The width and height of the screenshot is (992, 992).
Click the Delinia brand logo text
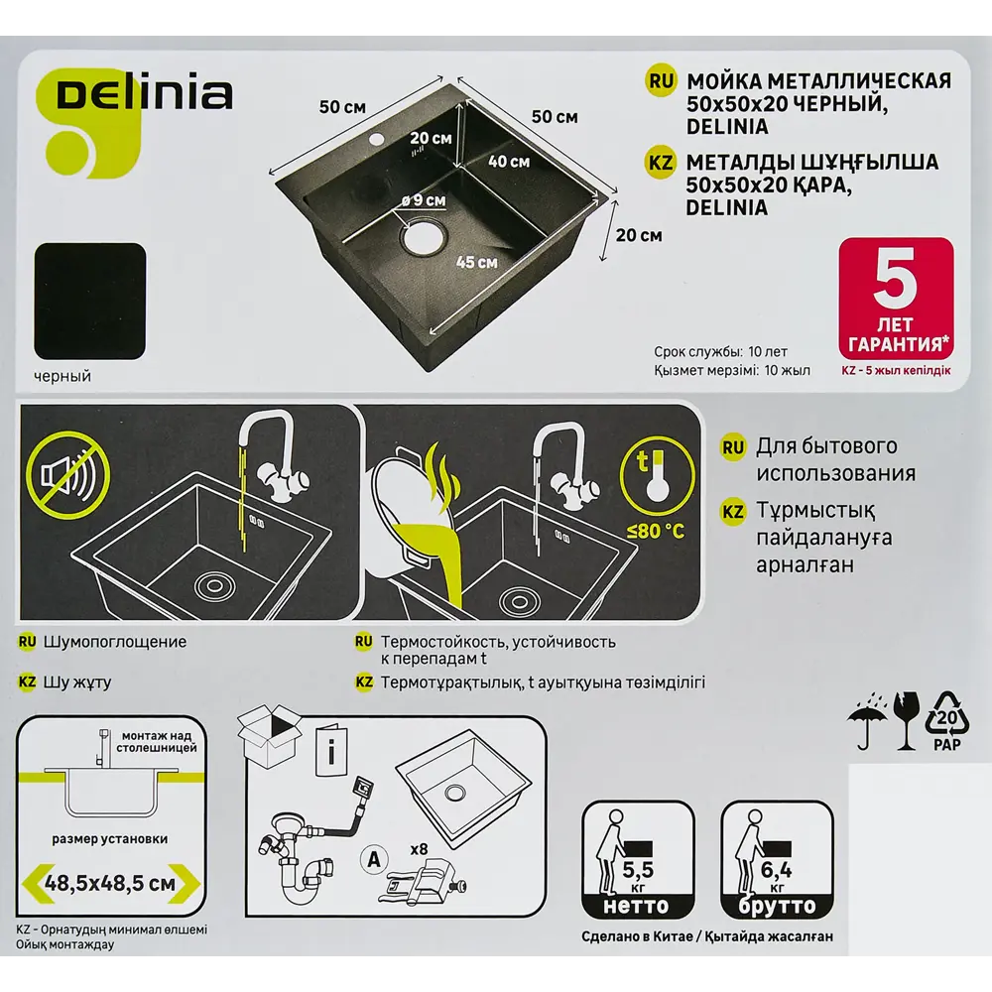[x=145, y=93]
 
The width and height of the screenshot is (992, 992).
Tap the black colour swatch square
[x=90, y=302]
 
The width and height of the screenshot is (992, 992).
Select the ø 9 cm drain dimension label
[x=424, y=200]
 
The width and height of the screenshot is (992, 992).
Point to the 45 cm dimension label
[x=476, y=262]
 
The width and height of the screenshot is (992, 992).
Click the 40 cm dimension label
[x=509, y=162]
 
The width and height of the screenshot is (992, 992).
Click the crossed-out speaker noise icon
[x=68, y=475]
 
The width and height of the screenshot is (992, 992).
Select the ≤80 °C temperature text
[x=656, y=530]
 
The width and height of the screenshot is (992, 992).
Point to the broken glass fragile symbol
[x=906, y=720]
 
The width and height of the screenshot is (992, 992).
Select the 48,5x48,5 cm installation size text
[x=110, y=883]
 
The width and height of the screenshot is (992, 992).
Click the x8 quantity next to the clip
[x=419, y=849]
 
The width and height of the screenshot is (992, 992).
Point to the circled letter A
[x=374, y=860]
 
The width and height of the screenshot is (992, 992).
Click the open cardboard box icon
[x=270, y=736]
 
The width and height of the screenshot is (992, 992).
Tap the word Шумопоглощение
[x=114, y=642]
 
